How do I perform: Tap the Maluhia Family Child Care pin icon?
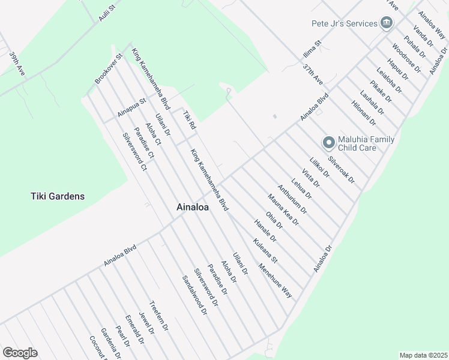(x=328, y=143)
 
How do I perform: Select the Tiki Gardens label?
(x=58, y=196)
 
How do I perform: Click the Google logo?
(x=20, y=353)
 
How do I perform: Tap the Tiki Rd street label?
(x=189, y=120)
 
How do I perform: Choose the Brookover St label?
(x=108, y=69)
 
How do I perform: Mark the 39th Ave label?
(x=17, y=63)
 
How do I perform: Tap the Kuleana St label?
(x=265, y=251)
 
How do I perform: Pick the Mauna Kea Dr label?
(x=283, y=210)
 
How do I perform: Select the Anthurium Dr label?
(x=292, y=199)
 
